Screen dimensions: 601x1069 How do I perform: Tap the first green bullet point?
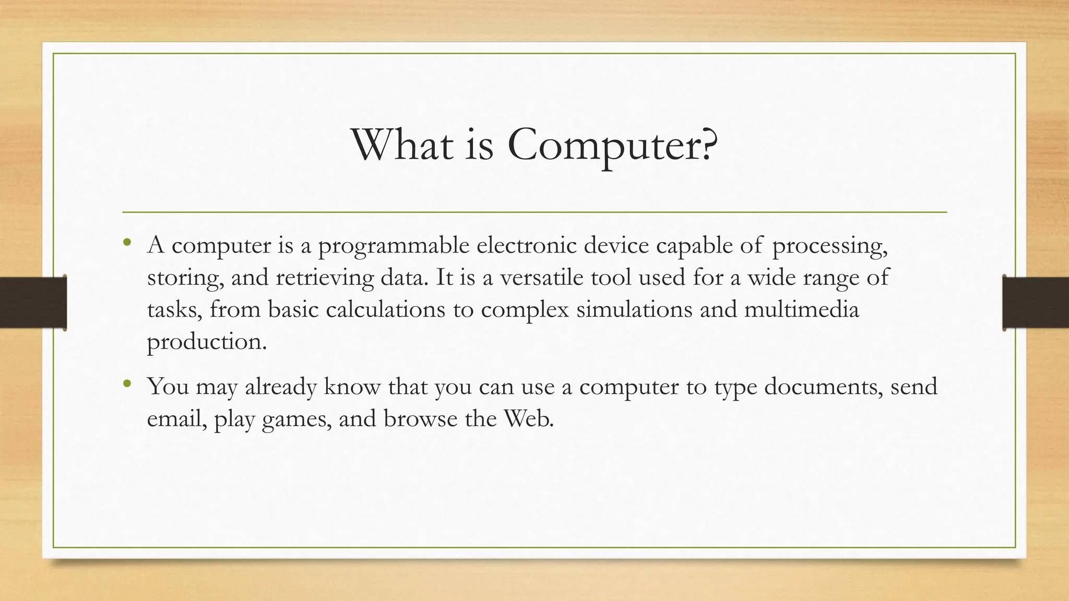127,242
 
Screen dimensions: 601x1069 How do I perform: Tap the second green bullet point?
127,384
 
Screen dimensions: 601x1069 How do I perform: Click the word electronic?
526,245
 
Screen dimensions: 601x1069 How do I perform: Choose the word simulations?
634,310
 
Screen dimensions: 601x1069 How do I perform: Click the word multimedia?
801,310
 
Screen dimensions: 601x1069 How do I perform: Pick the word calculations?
385,310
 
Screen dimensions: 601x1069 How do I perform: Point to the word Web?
528,419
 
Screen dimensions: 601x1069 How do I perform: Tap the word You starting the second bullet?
167,387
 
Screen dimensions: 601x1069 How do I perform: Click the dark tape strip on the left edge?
33,303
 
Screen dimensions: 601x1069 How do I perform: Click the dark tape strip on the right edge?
1036,303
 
